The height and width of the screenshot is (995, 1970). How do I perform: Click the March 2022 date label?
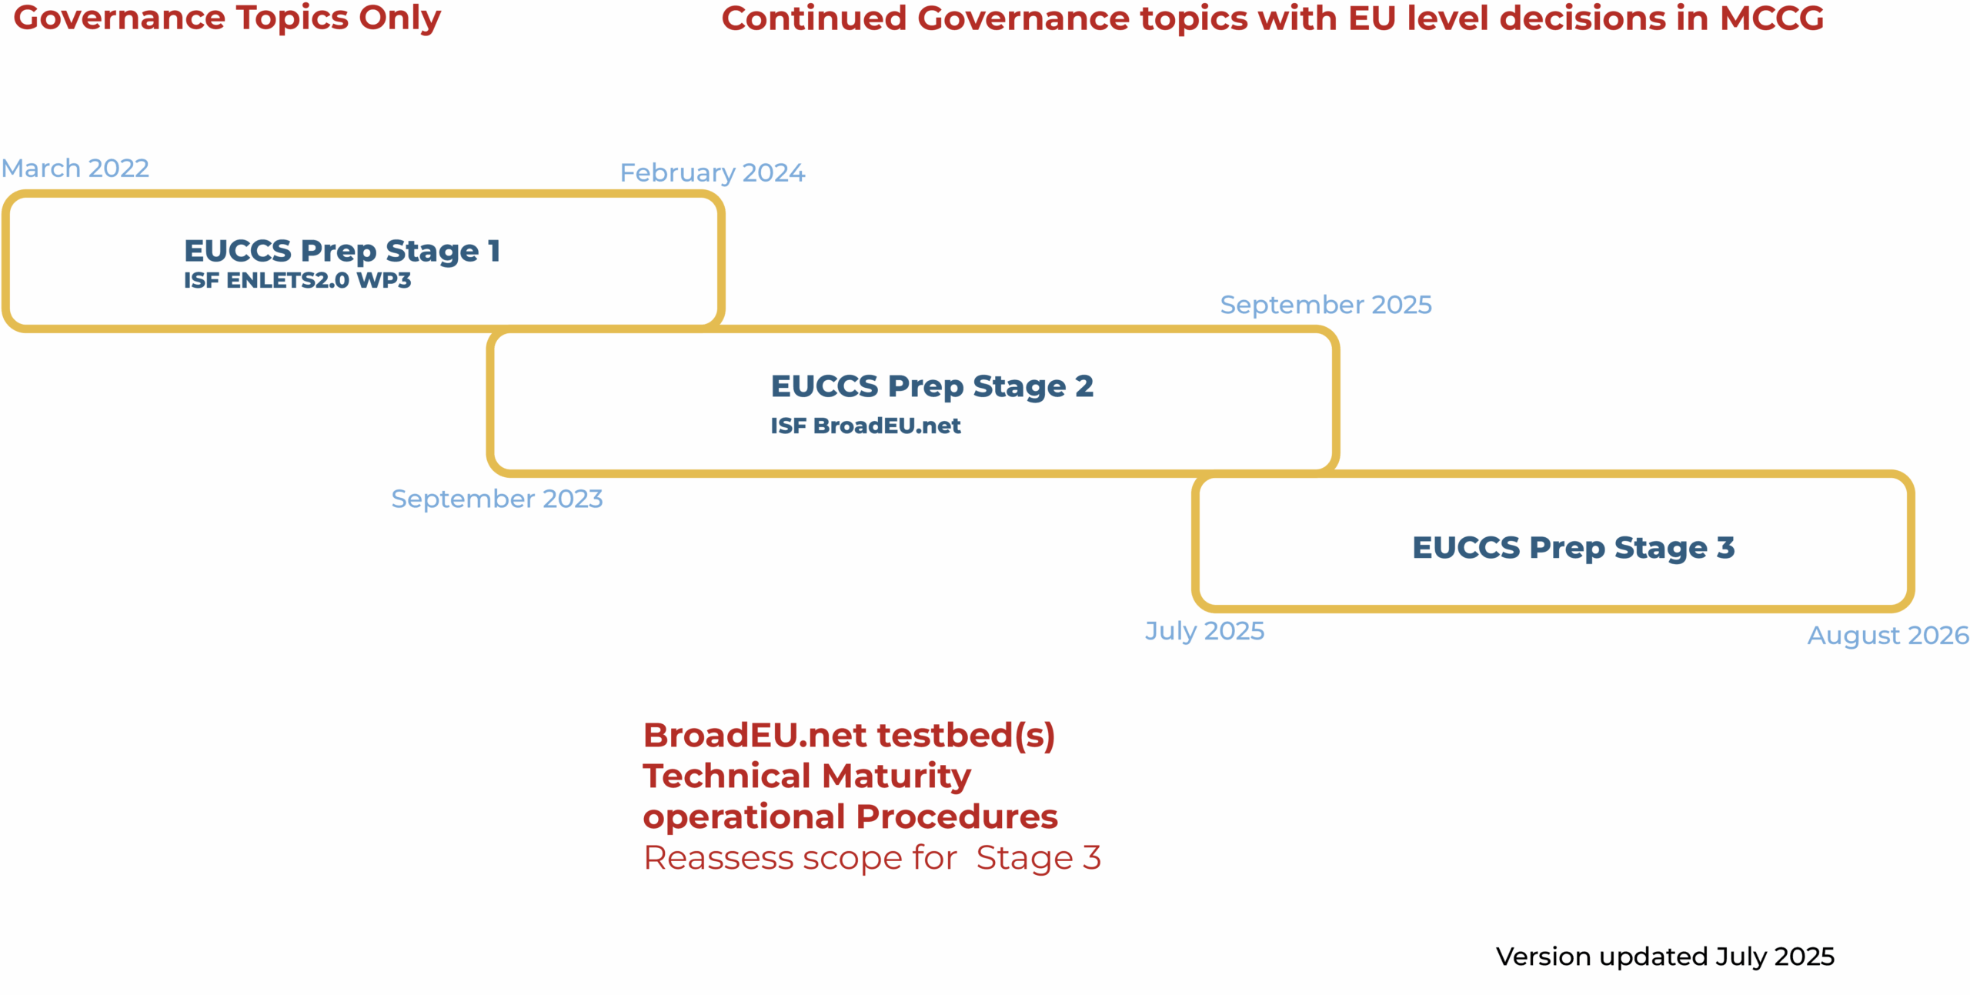(x=75, y=168)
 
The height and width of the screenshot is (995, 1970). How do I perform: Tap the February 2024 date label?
(x=713, y=173)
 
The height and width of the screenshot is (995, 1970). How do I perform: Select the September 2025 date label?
(x=1326, y=305)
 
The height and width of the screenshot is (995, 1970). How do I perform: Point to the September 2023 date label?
(x=497, y=499)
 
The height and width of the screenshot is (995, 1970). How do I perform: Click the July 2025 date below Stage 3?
(x=1205, y=631)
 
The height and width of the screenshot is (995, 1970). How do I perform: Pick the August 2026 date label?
(x=1888, y=636)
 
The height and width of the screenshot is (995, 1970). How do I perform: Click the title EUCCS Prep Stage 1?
(x=342, y=251)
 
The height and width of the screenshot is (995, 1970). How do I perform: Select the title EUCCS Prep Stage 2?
(x=932, y=386)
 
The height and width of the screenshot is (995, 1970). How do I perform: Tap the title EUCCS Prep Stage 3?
(x=1574, y=548)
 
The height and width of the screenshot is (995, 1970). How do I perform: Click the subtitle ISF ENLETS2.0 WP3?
(x=298, y=280)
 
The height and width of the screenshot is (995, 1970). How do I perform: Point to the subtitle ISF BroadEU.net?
(x=866, y=426)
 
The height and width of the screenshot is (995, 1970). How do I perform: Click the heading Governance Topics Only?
(x=227, y=18)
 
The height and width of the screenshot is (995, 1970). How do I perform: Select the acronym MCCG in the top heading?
(x=1771, y=18)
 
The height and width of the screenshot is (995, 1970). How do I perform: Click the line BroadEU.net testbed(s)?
(x=849, y=735)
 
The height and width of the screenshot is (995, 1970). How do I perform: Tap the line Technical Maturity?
(x=807, y=776)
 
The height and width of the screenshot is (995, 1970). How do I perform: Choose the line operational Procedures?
(x=850, y=816)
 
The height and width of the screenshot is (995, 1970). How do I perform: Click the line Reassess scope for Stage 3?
(x=873, y=857)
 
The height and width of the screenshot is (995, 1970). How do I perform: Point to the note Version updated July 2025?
(x=1665, y=957)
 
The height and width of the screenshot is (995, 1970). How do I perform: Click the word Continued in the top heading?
(x=814, y=18)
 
